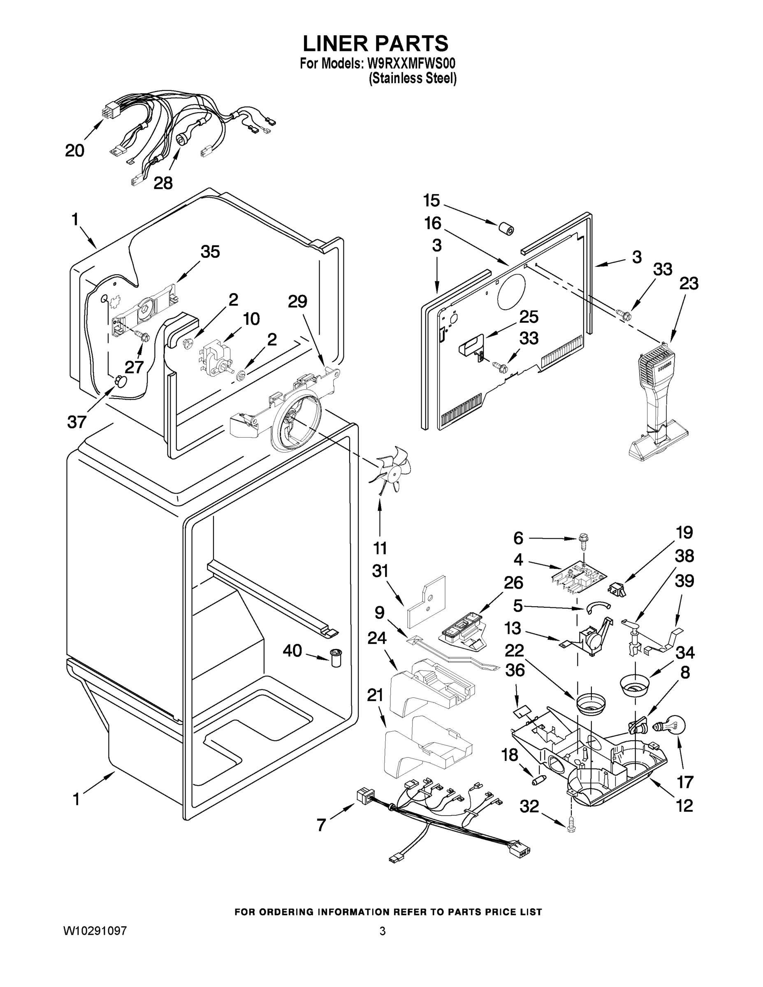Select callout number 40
292,651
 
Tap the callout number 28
163,183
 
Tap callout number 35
210,252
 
